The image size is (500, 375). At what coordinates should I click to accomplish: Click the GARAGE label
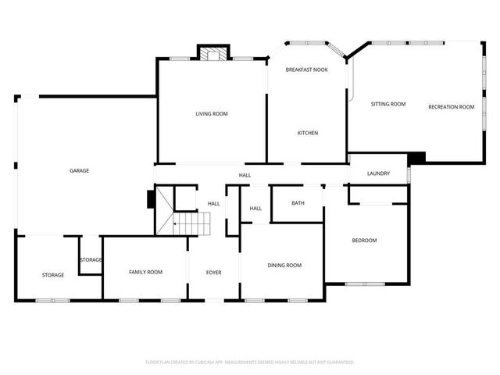coord(79,170)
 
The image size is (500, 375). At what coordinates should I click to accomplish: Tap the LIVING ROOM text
coord(211,114)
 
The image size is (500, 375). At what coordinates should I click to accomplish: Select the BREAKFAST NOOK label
coord(305,70)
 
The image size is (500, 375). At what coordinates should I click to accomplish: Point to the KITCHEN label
coord(307,134)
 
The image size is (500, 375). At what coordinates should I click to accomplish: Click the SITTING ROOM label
coord(388,104)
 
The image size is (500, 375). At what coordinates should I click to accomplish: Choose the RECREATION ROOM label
coord(451,106)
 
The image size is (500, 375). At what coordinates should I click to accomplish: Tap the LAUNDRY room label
coord(378,173)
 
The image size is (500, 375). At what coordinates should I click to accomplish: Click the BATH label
coord(298,203)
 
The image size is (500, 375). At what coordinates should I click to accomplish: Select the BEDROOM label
coord(364,241)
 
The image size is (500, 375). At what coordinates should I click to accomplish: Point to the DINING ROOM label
coord(284,266)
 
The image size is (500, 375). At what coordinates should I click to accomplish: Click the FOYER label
coord(213,273)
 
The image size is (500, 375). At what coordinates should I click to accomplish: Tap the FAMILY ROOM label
coord(145,271)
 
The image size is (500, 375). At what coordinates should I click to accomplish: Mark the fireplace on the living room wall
coord(212,54)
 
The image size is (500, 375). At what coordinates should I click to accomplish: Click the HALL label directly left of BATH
coord(255,209)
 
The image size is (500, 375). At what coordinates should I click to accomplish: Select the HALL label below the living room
coord(245,175)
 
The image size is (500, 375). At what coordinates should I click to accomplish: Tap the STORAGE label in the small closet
coord(90,259)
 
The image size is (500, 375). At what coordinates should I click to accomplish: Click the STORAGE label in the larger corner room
coord(53,275)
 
